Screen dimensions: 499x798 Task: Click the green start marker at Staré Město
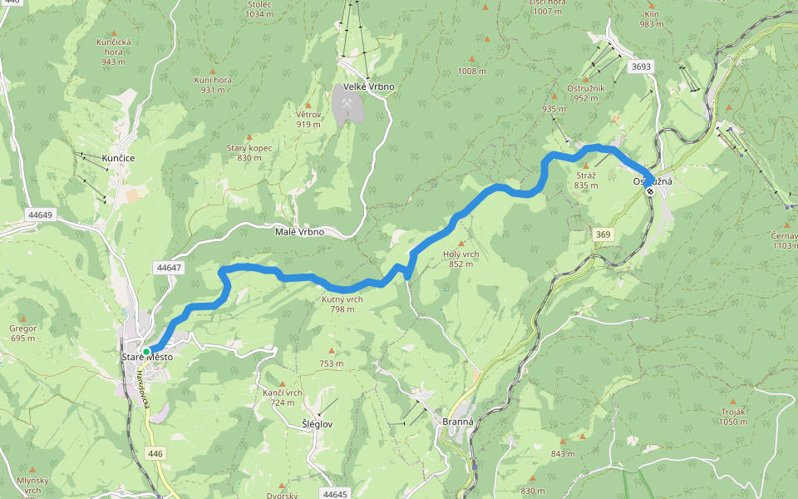146,352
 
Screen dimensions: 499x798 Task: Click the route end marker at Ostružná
650,191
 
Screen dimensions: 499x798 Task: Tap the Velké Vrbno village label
369,86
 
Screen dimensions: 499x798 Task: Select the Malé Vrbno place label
299,232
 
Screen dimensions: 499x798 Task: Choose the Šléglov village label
318,423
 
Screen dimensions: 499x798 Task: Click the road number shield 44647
168,268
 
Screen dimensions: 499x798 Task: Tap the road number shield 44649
39,215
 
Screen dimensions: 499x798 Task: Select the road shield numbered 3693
640,67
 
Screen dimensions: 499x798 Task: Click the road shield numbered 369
603,235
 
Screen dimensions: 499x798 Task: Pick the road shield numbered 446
155,453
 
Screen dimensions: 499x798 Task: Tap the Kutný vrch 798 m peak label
342,304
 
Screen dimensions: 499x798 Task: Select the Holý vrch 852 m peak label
460,259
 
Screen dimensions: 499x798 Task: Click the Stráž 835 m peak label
585,180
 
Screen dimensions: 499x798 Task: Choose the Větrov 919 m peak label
308,119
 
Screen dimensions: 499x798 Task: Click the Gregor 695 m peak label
23,333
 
